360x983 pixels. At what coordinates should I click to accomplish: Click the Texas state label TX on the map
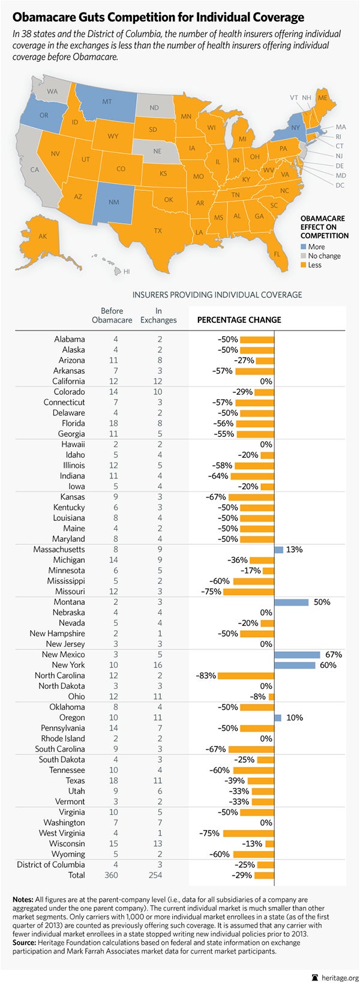click(158, 230)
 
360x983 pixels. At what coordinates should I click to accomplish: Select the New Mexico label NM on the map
click(113, 202)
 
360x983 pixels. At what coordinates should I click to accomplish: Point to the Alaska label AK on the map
click(43, 236)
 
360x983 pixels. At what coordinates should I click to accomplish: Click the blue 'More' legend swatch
click(304, 247)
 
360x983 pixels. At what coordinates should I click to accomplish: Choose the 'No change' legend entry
click(324, 256)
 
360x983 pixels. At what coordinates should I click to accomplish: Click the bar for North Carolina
click(246, 676)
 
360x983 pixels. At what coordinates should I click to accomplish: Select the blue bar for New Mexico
click(297, 655)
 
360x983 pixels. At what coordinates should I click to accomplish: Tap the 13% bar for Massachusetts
click(278, 550)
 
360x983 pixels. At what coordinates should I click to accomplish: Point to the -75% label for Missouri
click(211, 592)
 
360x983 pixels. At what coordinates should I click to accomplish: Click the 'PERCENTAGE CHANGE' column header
click(239, 320)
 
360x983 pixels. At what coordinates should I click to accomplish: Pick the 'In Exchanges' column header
click(158, 316)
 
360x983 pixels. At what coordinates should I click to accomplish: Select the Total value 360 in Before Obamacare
click(116, 875)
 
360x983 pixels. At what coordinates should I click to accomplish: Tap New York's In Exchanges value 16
click(160, 665)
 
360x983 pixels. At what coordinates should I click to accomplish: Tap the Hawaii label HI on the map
click(127, 272)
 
